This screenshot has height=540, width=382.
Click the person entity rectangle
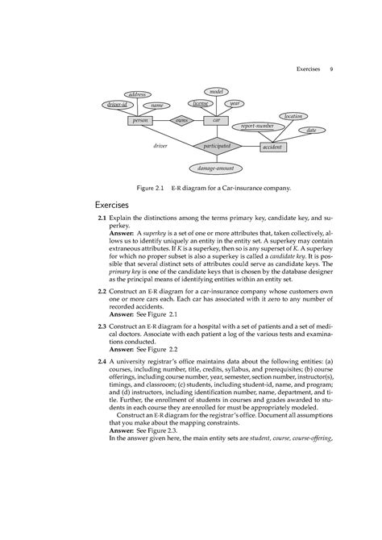pyautogui.click(x=141, y=120)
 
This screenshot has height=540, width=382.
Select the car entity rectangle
pyautogui.click(x=215, y=120)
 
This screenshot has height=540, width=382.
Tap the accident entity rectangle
pyautogui.click(x=279, y=148)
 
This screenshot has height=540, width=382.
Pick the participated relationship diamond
pyautogui.click(x=216, y=146)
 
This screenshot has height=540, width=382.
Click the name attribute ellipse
pyautogui.click(x=157, y=105)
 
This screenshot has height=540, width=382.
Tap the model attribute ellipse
pyautogui.click(x=216, y=92)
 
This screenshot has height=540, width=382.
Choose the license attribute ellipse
pyautogui.click(x=199, y=103)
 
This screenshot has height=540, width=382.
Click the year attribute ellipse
pyautogui.click(x=235, y=103)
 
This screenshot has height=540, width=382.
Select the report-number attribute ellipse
pyautogui.click(x=252, y=127)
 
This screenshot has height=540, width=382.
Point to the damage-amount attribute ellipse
pyautogui.click(x=216, y=168)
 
